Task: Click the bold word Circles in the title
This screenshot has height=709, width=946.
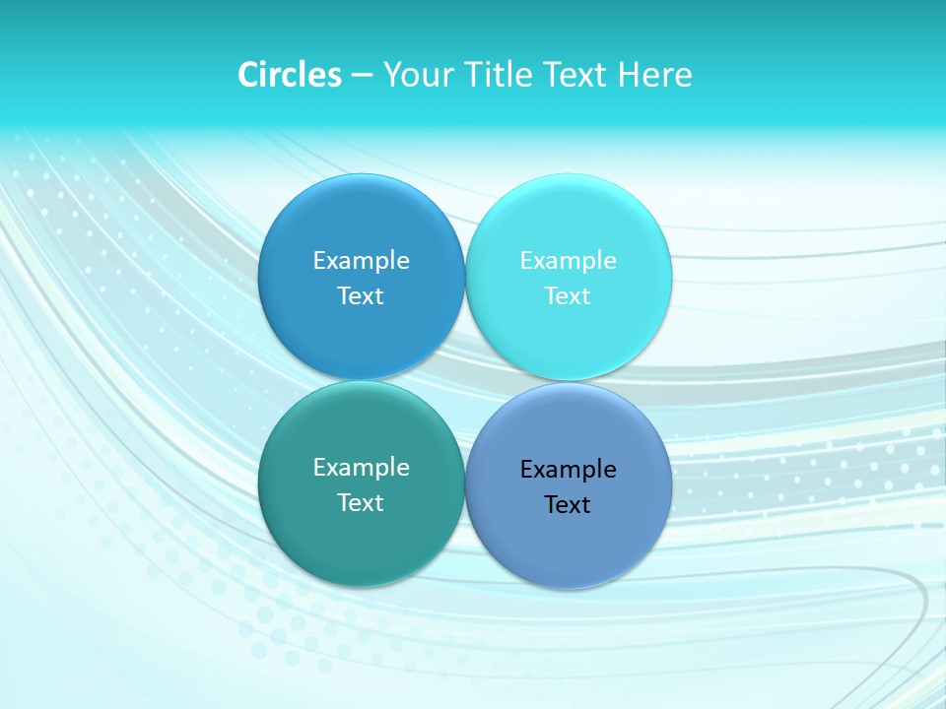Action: click(290, 75)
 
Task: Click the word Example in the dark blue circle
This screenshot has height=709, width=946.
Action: click(361, 261)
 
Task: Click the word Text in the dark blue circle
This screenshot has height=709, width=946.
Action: click(361, 296)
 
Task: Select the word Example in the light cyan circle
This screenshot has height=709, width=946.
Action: click(569, 261)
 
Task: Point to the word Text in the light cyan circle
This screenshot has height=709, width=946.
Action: click(568, 296)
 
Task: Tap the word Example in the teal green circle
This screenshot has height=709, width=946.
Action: click(361, 468)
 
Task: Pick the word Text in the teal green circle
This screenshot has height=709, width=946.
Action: click(361, 503)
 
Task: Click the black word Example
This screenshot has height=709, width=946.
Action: click(569, 470)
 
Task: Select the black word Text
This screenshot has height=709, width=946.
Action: click(568, 505)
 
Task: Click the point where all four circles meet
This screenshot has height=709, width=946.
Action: click(465, 381)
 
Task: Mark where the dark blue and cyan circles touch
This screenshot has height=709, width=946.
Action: click(465, 278)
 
